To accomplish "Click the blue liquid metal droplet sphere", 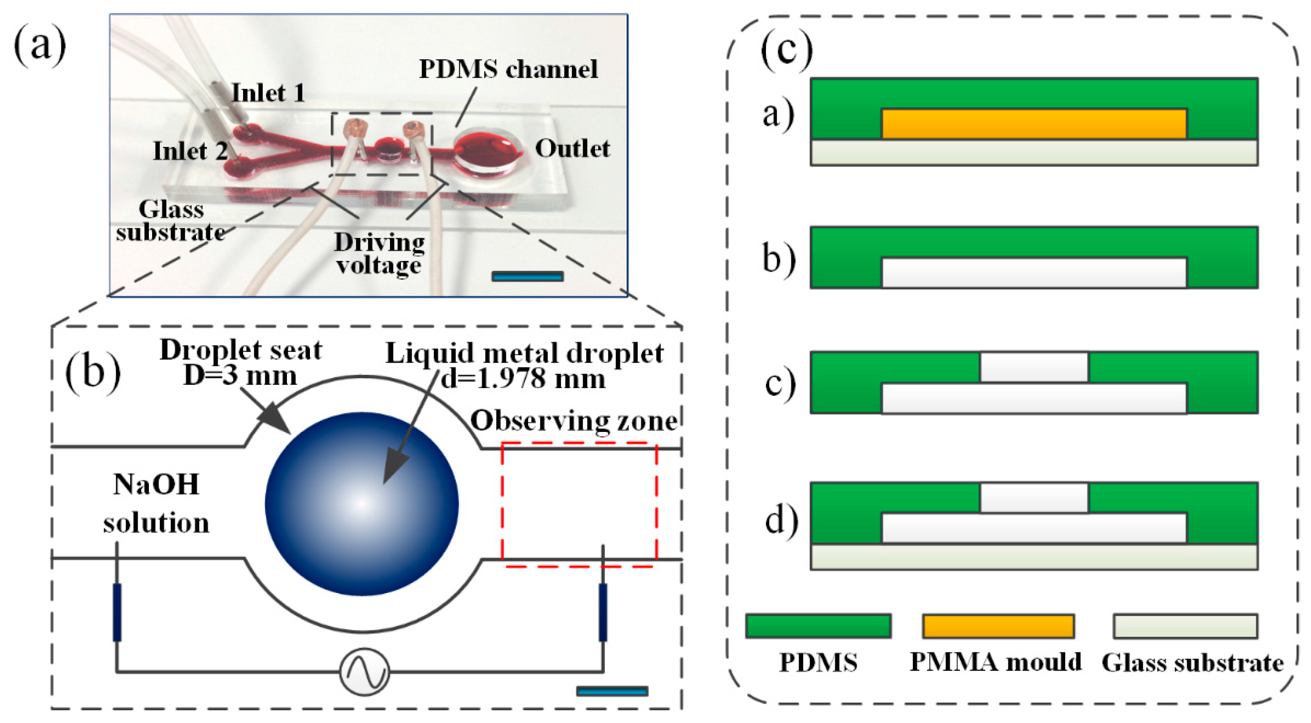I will (362, 503).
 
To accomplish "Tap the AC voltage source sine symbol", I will (365, 672).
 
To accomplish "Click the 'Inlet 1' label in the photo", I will (268, 93).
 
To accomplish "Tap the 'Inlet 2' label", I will (190, 151).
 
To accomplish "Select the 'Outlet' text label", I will (572, 148).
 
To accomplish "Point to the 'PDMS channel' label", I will (508, 69).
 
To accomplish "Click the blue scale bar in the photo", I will (527, 276).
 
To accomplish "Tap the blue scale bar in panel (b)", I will (612, 691).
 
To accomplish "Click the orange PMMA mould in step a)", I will (1034, 123).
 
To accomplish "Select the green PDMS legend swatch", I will (818, 626).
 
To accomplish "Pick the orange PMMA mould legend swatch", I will (998, 626).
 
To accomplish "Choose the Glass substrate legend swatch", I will (1185, 626).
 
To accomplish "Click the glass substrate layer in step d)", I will (1034, 557).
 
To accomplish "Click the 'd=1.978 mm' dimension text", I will (523, 379).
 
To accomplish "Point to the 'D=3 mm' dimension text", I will (240, 376).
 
